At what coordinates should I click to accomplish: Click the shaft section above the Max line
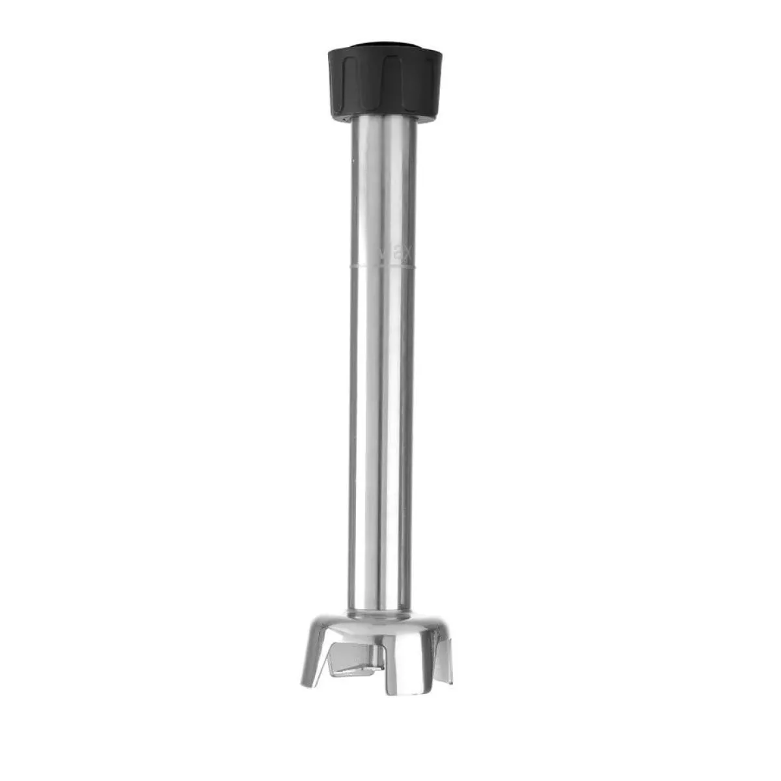tap(381, 189)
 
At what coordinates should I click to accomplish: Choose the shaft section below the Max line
tap(381, 423)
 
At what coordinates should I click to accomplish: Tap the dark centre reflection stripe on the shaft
tap(390, 423)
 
